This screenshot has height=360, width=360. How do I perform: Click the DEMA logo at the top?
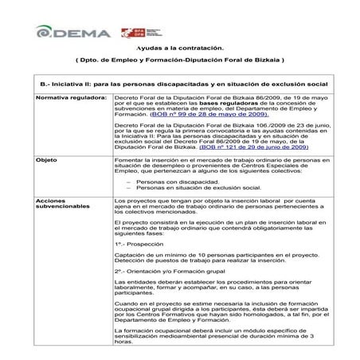[68, 32]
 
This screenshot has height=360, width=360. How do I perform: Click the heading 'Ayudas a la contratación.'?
[179, 49]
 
